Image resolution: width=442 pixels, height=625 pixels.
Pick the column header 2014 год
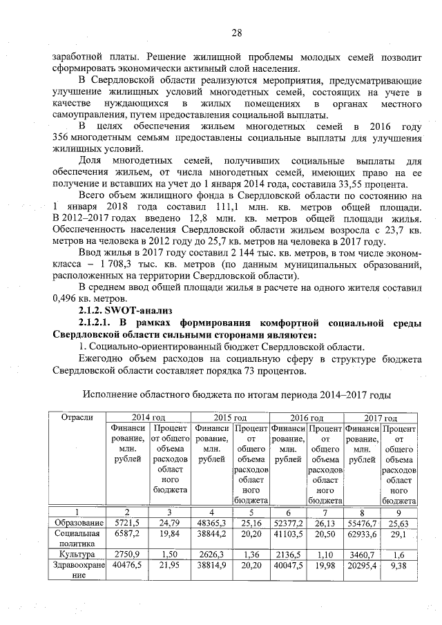(148, 418)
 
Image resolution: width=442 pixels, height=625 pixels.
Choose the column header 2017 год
(381, 418)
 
